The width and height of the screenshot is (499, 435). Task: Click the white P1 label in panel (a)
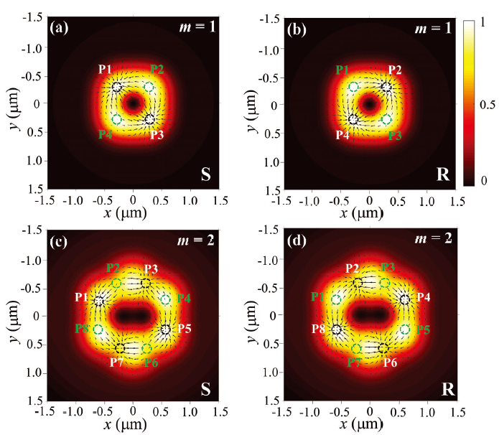[105, 69]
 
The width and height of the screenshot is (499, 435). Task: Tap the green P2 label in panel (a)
[157, 69]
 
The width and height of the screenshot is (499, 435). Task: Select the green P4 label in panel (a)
[105, 133]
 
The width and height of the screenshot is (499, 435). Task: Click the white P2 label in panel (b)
[395, 69]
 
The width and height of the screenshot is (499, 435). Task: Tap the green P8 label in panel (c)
[83, 328]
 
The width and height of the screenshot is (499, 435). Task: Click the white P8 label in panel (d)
[319, 328]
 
